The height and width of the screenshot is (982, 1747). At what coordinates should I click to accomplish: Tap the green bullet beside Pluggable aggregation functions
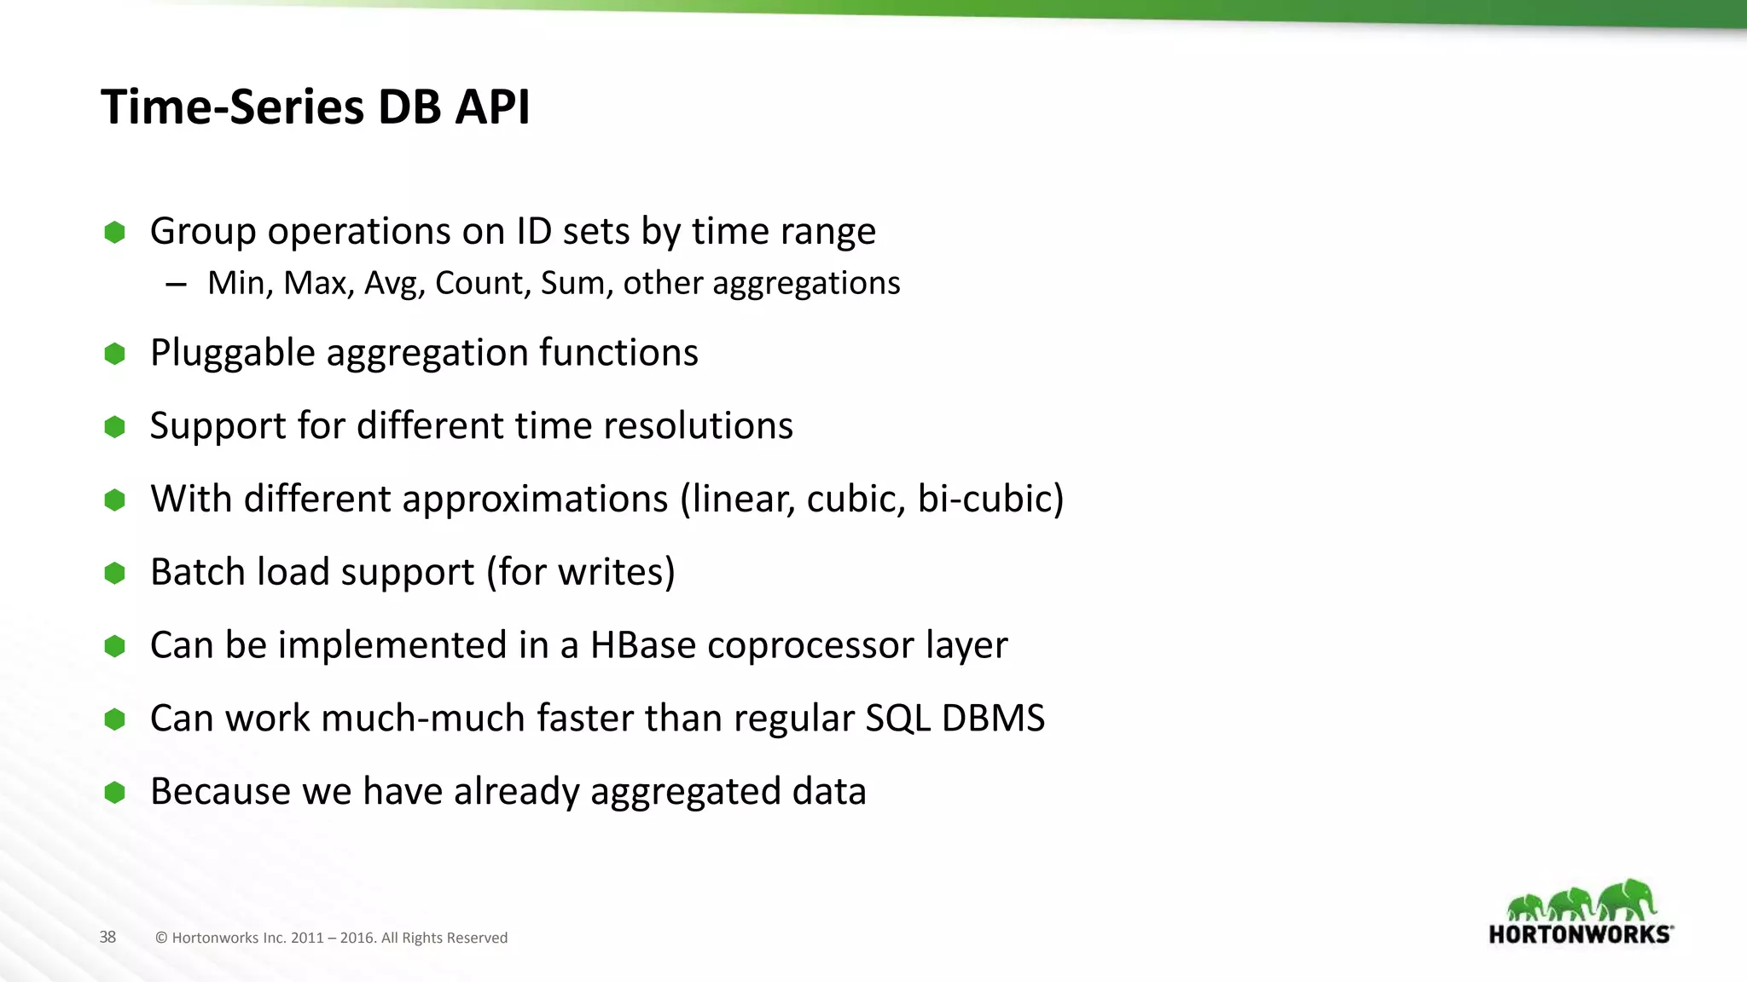click(x=114, y=354)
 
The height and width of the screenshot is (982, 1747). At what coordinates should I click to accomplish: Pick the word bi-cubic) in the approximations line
click(x=990, y=499)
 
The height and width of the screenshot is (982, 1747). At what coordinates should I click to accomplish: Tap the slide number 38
click(x=107, y=937)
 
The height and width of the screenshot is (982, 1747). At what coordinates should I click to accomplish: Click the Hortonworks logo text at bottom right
click(x=1580, y=934)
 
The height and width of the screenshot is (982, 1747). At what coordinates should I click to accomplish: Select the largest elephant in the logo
click(x=1628, y=900)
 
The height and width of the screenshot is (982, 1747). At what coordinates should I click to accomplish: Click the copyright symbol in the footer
click(x=161, y=938)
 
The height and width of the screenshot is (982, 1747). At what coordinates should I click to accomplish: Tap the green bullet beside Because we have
click(x=114, y=793)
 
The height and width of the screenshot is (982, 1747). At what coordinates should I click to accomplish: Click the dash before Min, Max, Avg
click(x=177, y=285)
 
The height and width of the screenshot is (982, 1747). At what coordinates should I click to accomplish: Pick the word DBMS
click(x=993, y=719)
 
